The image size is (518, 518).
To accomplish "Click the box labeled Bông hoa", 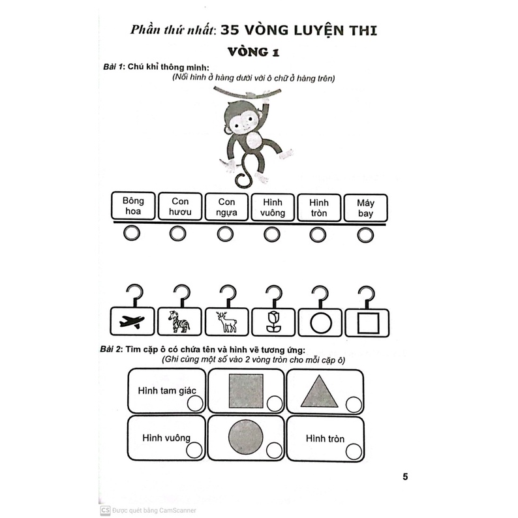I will pyautogui.click(x=132, y=206).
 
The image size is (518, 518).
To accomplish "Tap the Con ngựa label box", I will pyautogui.click(x=226, y=206).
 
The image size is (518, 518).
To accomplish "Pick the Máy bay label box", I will pyautogui.click(x=365, y=206).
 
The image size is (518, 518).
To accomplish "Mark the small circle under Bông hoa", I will pyautogui.click(x=132, y=234).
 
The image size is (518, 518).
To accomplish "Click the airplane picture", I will pyautogui.click(x=132, y=321).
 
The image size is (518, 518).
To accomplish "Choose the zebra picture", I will pyautogui.click(x=179, y=321).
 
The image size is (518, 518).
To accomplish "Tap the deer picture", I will pyautogui.click(x=226, y=321).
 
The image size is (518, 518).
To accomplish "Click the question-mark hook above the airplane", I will pyautogui.click(x=133, y=293).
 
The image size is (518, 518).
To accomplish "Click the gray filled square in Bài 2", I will pyautogui.click(x=246, y=391).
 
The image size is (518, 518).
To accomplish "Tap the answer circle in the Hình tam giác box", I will pyautogui.click(x=194, y=404).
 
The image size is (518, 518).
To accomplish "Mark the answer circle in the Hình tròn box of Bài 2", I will pyautogui.click(x=353, y=451).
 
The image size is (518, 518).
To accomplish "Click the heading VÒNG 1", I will pyautogui.click(x=258, y=52).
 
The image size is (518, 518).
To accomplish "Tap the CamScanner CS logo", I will pyautogui.click(x=104, y=511).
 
